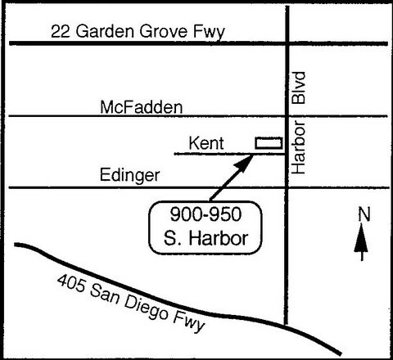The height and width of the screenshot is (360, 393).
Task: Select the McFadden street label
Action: tap(141, 106)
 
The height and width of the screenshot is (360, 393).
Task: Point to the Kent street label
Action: tap(206, 143)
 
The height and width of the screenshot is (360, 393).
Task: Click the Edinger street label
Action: tap(131, 175)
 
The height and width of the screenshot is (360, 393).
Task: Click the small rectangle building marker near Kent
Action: tap(268, 142)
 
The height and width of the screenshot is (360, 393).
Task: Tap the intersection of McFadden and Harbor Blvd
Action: tap(287, 116)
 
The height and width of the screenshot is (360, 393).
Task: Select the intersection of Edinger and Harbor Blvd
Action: tap(287, 187)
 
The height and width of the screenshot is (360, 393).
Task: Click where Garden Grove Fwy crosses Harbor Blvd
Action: tap(287, 43)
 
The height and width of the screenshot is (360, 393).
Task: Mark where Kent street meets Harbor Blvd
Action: tap(287, 153)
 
